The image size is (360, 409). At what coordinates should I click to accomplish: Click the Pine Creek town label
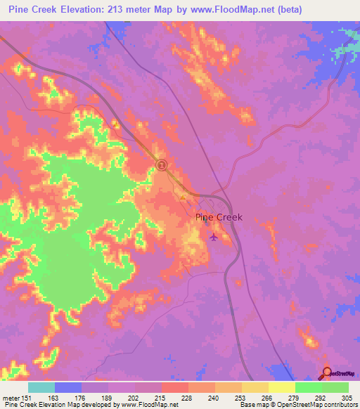218,217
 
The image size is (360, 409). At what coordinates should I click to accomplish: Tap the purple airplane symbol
213,236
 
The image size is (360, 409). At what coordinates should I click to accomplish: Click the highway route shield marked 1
162,165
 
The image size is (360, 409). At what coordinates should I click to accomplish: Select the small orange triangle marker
183,197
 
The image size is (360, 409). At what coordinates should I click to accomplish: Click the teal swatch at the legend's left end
41,387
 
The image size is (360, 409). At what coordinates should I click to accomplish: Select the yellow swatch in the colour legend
281,387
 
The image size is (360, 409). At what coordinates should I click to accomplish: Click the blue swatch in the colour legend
68,387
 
